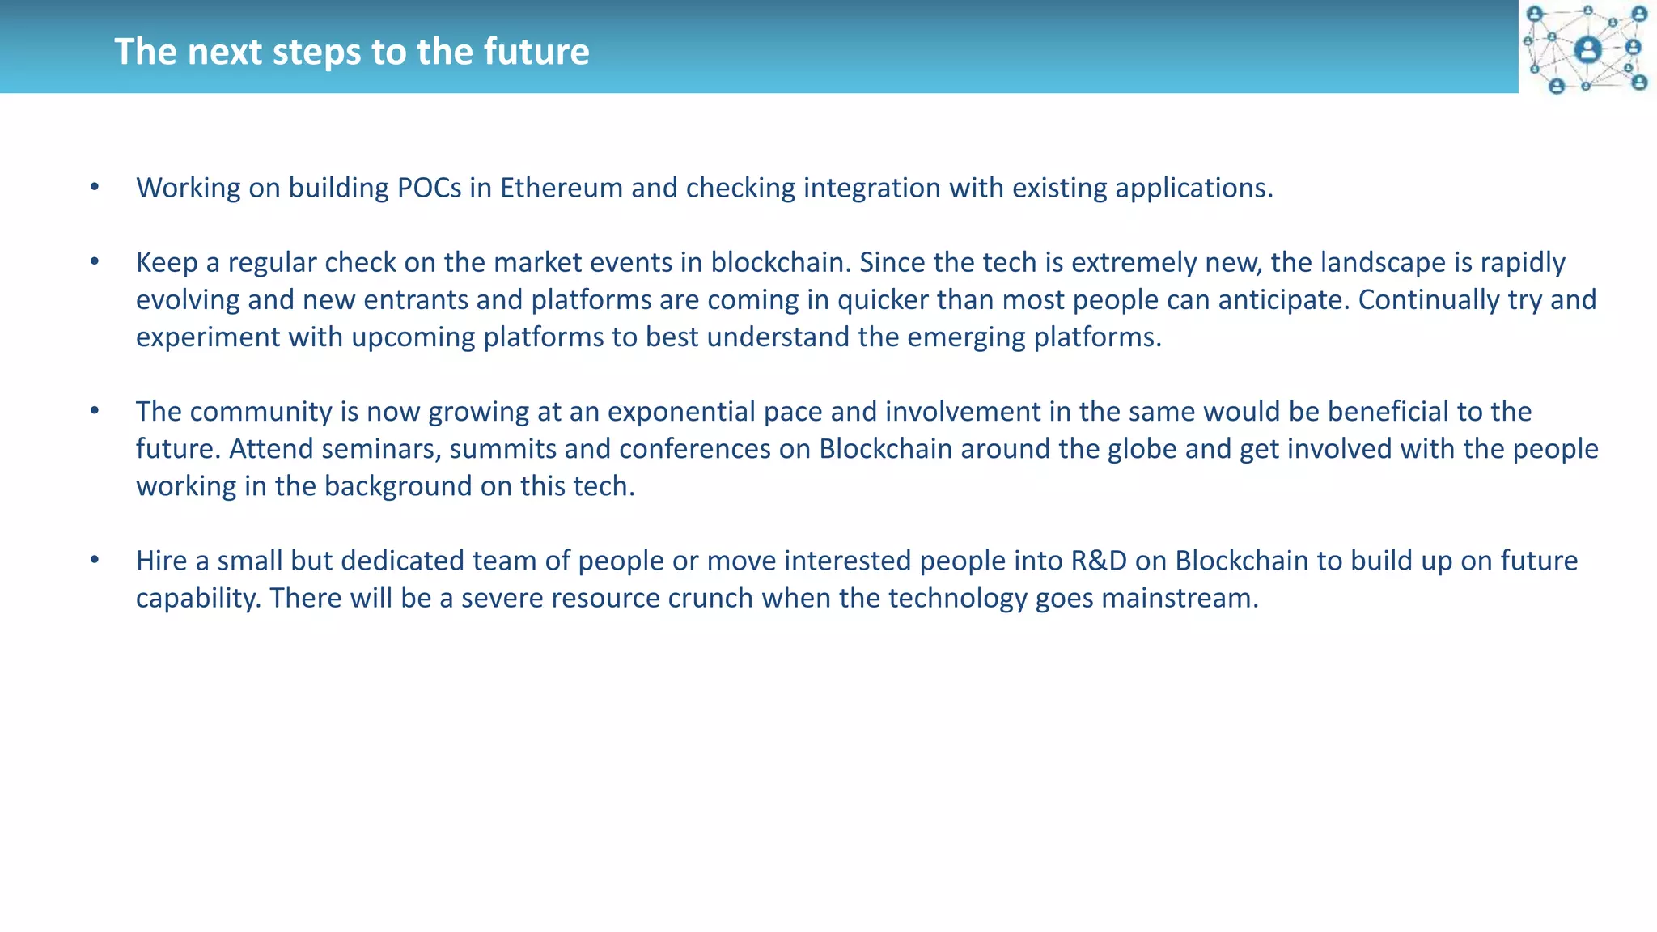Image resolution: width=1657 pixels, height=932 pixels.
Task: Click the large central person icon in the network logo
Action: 1587,50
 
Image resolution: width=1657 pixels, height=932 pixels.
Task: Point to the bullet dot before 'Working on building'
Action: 95,188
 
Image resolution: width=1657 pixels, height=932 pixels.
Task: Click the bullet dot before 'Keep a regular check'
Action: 95,262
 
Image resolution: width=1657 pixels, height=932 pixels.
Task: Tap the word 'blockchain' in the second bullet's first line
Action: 777,262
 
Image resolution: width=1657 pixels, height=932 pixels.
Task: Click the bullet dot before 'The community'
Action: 95,411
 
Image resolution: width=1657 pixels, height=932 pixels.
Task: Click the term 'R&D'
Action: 1099,561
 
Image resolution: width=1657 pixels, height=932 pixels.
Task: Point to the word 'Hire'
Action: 161,561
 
